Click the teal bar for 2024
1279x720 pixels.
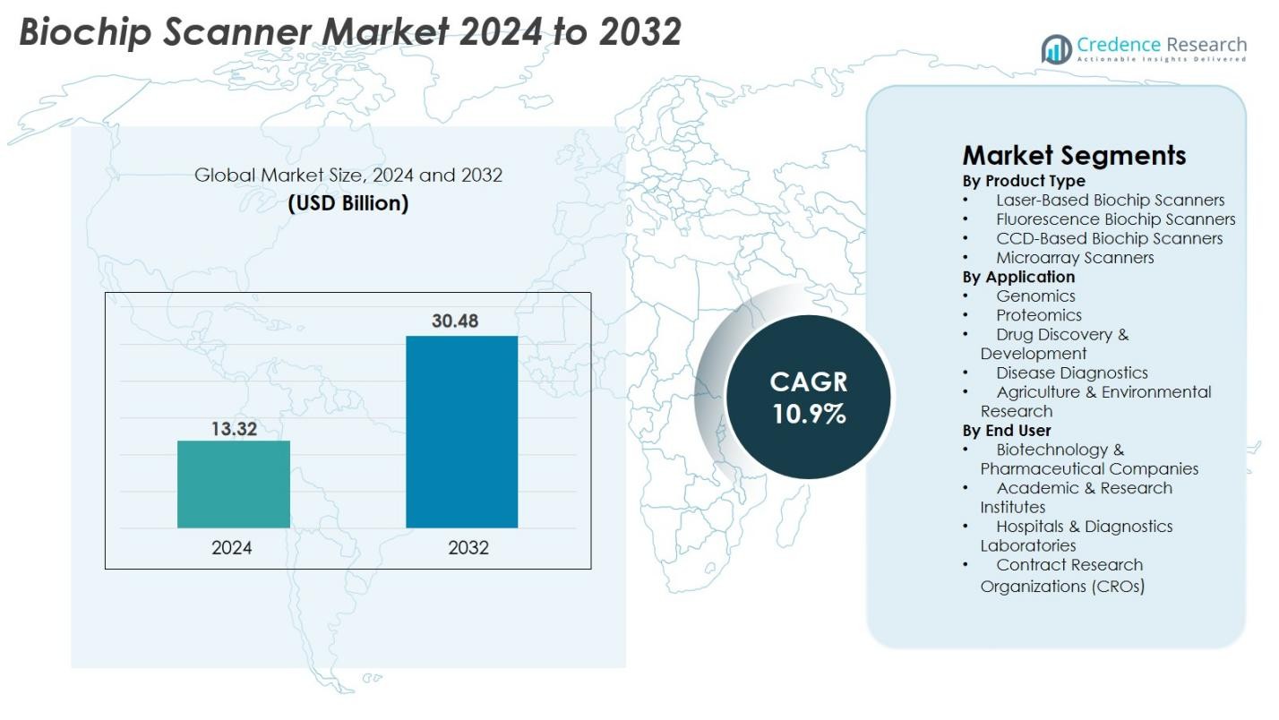coord(234,484)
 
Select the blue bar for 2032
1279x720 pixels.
coord(461,432)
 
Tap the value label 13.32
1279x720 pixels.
coord(234,429)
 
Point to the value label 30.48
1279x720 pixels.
coord(455,321)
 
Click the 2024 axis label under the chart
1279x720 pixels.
coord(232,548)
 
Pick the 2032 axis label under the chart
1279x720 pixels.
coord(468,548)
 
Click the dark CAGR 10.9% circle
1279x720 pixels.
coord(808,397)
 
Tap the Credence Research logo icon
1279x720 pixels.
coord(1057,49)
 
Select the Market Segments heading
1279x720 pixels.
coord(1074,155)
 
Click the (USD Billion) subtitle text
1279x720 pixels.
coord(348,203)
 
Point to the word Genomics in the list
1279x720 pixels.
coord(1035,296)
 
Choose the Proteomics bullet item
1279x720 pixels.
coord(1039,315)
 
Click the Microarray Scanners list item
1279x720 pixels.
coord(1075,258)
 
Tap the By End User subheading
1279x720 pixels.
coord(1007,431)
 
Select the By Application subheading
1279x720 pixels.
coord(1018,277)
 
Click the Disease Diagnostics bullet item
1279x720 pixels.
coord(1072,373)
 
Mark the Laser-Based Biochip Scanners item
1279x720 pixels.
coord(1110,201)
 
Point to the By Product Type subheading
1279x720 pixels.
coord(1024,181)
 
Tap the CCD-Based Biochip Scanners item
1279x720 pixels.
coord(1109,238)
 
